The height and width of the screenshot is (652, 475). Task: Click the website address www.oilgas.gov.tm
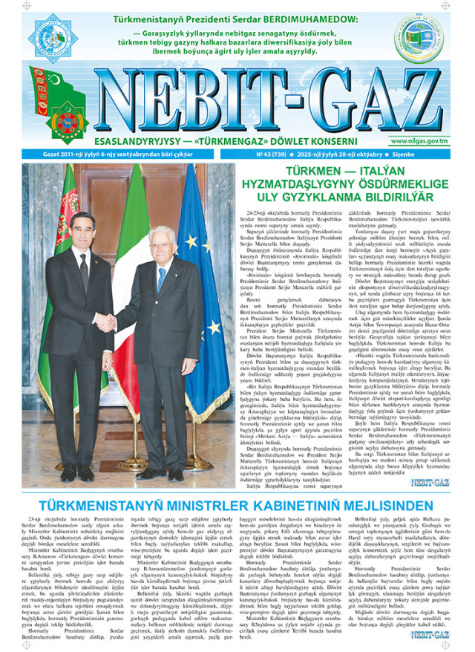(x=419, y=140)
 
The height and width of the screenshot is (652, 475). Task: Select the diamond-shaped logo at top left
(x=53, y=37)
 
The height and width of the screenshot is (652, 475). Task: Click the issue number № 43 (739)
(x=272, y=154)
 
